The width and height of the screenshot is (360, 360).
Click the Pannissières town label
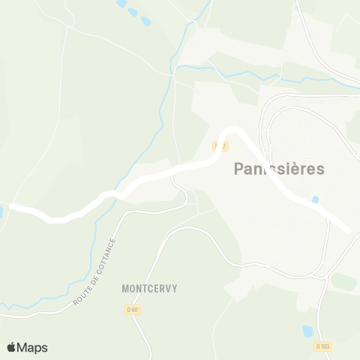pyautogui.click(x=279, y=169)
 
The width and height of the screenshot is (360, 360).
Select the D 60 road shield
pyautogui.click(x=132, y=309)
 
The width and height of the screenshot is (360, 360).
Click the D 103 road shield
pyautogui.click(x=323, y=346)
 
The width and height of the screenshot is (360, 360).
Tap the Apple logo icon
pyautogui.click(x=12, y=347)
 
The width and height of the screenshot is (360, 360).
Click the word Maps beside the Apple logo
pyautogui.click(x=33, y=347)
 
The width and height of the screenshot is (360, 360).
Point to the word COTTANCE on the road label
pyautogui.click(x=105, y=257)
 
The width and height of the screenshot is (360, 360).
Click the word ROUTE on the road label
pyautogui.click(x=82, y=294)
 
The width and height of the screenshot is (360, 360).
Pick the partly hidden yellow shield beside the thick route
pyautogui.click(x=221, y=145)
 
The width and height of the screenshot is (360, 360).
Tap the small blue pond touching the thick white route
pyautogui.click(x=315, y=200)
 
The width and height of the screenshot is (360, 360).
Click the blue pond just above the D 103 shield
pyautogui.click(x=308, y=330)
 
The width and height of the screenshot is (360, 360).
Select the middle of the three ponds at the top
pyautogui.click(x=133, y=12)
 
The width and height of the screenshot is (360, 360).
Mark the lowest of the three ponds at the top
pyautogui.click(x=145, y=22)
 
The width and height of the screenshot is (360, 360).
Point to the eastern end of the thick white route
pyautogui.click(x=346, y=229)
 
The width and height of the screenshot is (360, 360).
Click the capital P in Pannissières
pyautogui.click(x=239, y=169)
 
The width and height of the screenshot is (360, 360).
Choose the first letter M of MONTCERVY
pyautogui.click(x=125, y=288)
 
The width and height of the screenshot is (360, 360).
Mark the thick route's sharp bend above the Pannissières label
pyautogui.click(x=233, y=131)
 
